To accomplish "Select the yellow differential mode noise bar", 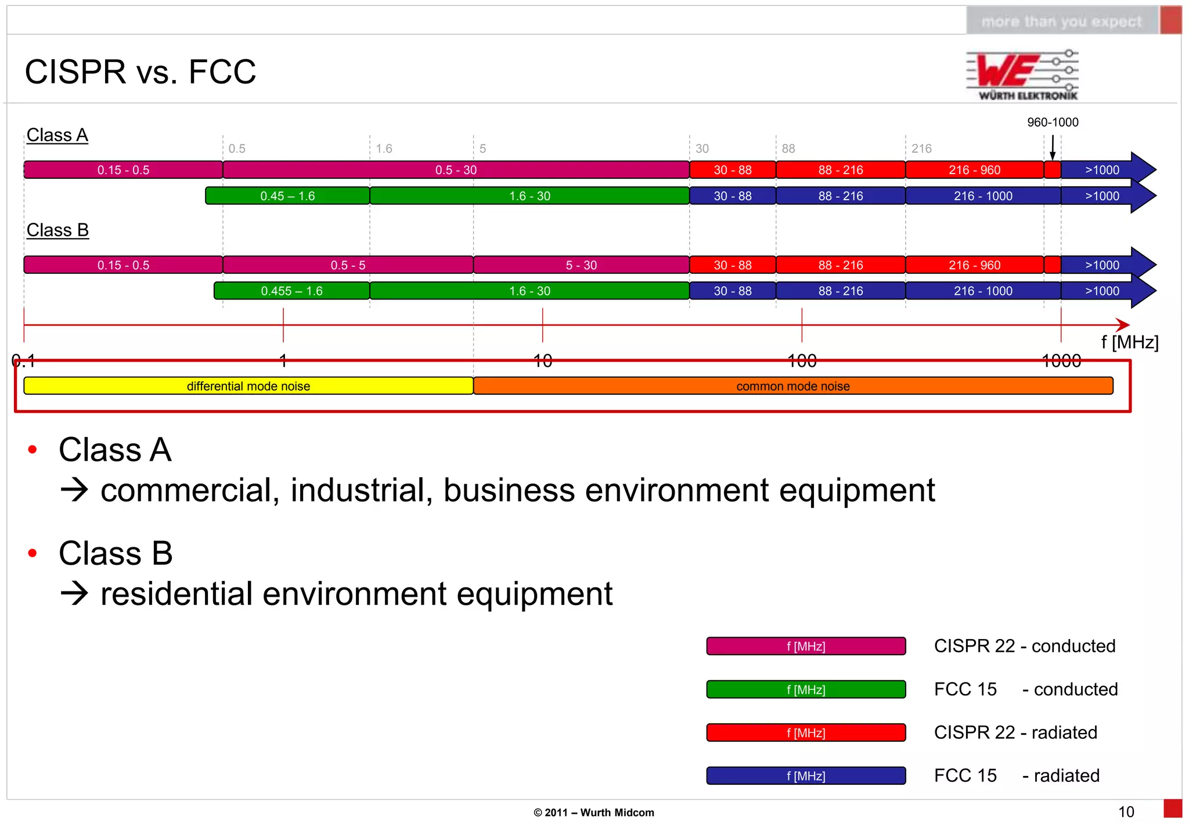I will click(x=248, y=386).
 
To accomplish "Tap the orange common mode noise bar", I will click(x=793, y=386).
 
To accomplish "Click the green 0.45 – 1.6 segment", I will click(x=287, y=196).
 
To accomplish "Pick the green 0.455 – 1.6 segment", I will click(x=291, y=291).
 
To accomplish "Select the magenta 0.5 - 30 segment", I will click(x=456, y=170).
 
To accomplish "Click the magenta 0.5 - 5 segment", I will click(x=348, y=265).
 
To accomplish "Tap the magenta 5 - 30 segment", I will click(x=581, y=265).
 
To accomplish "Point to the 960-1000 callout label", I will click(x=1053, y=122).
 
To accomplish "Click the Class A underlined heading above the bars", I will click(x=57, y=135).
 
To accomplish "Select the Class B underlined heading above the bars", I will click(x=57, y=230).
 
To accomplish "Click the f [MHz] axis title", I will click(x=1129, y=342).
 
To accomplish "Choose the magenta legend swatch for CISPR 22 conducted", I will click(x=806, y=646).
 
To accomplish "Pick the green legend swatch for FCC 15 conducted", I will click(x=806, y=690).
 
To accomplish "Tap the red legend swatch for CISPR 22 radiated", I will click(x=806, y=732).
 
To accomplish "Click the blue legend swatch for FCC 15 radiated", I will click(x=806, y=776).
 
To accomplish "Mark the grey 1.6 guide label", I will click(x=384, y=149).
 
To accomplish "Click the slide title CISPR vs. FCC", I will click(x=140, y=72).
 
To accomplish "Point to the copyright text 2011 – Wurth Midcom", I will click(x=594, y=813).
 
